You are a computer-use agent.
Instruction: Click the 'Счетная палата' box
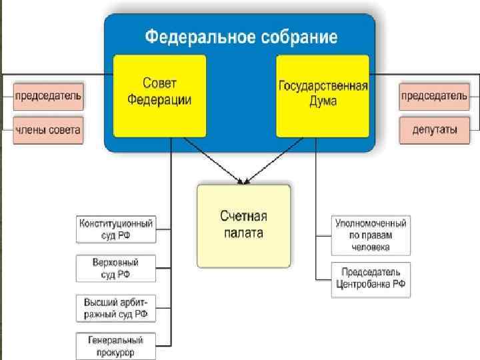click(x=243, y=225)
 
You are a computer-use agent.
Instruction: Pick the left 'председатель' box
click(x=49, y=95)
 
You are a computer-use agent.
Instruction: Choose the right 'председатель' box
click(x=433, y=95)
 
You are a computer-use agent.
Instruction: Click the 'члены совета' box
click(x=49, y=130)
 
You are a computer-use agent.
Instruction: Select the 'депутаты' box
click(x=433, y=130)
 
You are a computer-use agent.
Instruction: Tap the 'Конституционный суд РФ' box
click(x=116, y=229)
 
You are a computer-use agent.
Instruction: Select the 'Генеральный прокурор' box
click(x=116, y=345)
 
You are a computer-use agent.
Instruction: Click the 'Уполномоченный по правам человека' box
click(x=371, y=235)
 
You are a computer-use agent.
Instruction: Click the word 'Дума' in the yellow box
click(x=323, y=101)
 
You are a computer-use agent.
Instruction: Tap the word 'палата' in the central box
click(x=243, y=233)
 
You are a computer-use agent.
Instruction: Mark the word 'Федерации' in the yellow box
click(x=160, y=100)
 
